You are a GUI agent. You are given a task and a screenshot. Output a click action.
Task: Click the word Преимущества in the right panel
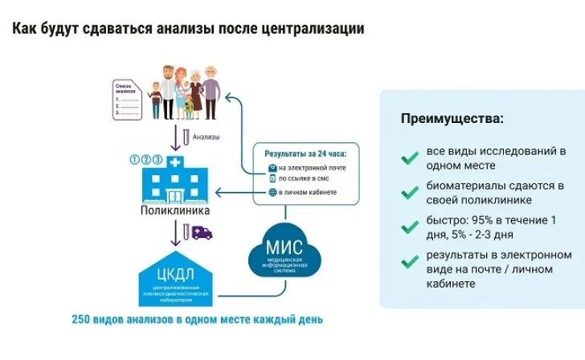point(452,119)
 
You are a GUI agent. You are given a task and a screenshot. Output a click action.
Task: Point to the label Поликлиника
point(175,211)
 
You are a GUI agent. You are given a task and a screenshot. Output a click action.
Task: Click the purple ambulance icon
point(202,233)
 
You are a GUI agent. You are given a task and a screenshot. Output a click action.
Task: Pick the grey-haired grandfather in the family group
point(211,88)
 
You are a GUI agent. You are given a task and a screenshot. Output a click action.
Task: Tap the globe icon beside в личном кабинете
point(272,193)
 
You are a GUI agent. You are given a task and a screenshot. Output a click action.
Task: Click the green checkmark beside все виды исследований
point(409,157)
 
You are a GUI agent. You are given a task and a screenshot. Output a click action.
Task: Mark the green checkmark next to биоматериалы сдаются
point(409,192)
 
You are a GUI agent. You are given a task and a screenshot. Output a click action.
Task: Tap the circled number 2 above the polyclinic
point(146,158)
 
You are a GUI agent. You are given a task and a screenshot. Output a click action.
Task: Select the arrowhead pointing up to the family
point(229,96)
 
